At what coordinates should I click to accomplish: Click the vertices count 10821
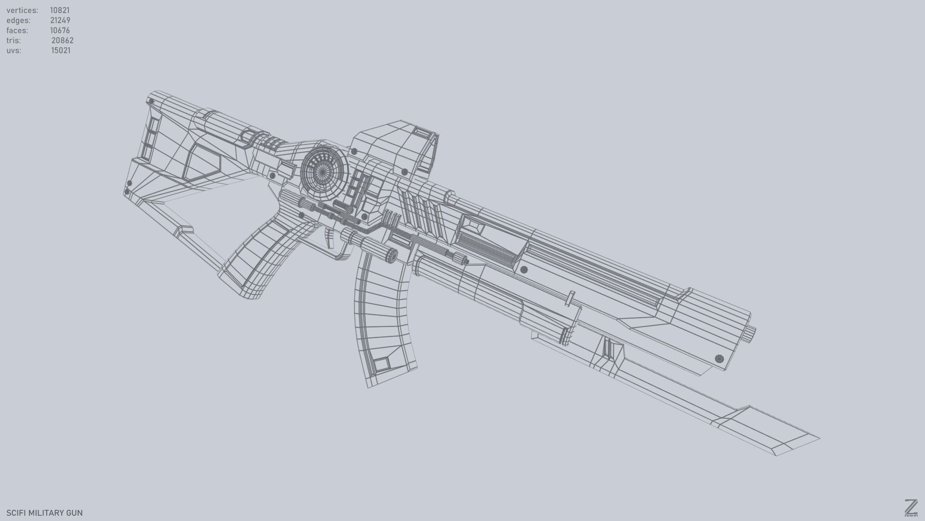pyautogui.click(x=60, y=10)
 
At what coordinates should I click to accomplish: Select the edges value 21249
pyautogui.click(x=60, y=20)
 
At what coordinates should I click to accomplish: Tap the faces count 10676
pyautogui.click(x=60, y=30)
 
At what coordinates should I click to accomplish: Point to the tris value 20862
pyautogui.click(x=62, y=41)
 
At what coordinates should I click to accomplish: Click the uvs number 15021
pyautogui.click(x=61, y=51)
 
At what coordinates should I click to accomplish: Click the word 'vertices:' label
pyautogui.click(x=22, y=10)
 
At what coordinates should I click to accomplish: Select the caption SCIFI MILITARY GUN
pyautogui.click(x=44, y=513)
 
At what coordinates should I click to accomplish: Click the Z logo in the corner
pyautogui.click(x=911, y=508)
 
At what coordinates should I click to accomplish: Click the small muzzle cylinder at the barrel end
pyautogui.click(x=751, y=333)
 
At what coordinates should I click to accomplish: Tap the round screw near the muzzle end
pyautogui.click(x=719, y=358)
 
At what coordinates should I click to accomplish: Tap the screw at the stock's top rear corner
pyautogui.click(x=151, y=102)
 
